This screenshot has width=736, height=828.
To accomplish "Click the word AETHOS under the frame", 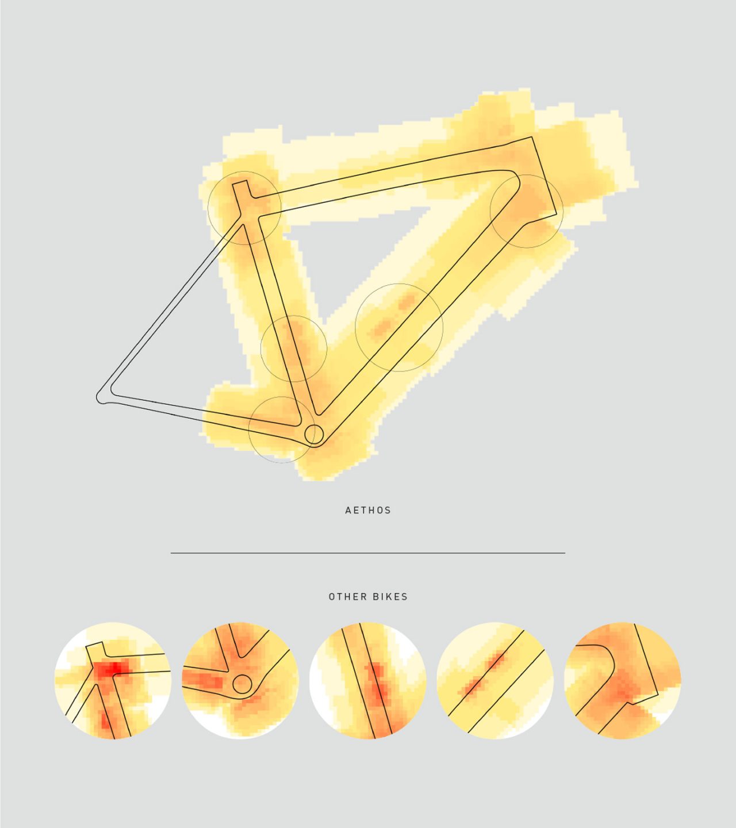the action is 368,510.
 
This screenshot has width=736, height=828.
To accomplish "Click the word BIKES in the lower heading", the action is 390,597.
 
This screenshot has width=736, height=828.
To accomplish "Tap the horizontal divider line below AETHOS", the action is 368,553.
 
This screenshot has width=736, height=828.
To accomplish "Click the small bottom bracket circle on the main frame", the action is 314,434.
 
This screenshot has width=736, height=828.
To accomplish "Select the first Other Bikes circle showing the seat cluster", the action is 112,680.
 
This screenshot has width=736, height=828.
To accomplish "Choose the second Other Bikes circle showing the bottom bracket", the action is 240,680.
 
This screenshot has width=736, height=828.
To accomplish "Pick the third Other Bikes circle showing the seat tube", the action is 368,680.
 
